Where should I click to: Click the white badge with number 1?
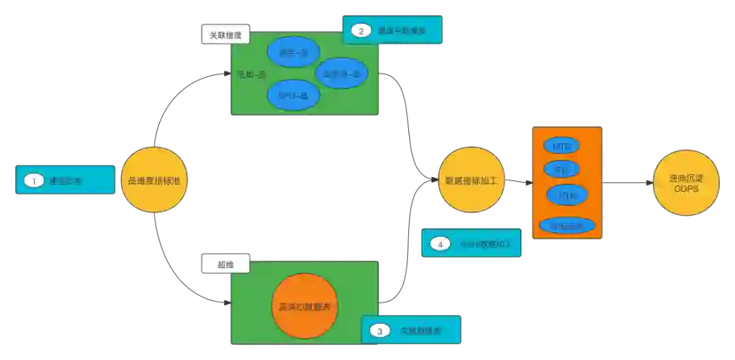pyautogui.click(x=33, y=181)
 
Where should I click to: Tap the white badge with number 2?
pyautogui.click(x=361, y=30)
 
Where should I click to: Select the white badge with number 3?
pyautogui.click(x=379, y=331)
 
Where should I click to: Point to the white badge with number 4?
pyautogui.click(x=440, y=244)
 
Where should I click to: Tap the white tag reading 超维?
pyautogui.click(x=225, y=264)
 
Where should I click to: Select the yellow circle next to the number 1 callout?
pyautogui.click(x=153, y=180)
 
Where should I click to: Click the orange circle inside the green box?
pyautogui.click(x=305, y=307)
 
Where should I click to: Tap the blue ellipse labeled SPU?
pyautogui.click(x=293, y=96)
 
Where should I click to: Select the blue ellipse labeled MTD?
pyautogui.click(x=561, y=146)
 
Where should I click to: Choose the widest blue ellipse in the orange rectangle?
pyautogui.click(x=566, y=225)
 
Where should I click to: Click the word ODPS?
pyautogui.click(x=685, y=189)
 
